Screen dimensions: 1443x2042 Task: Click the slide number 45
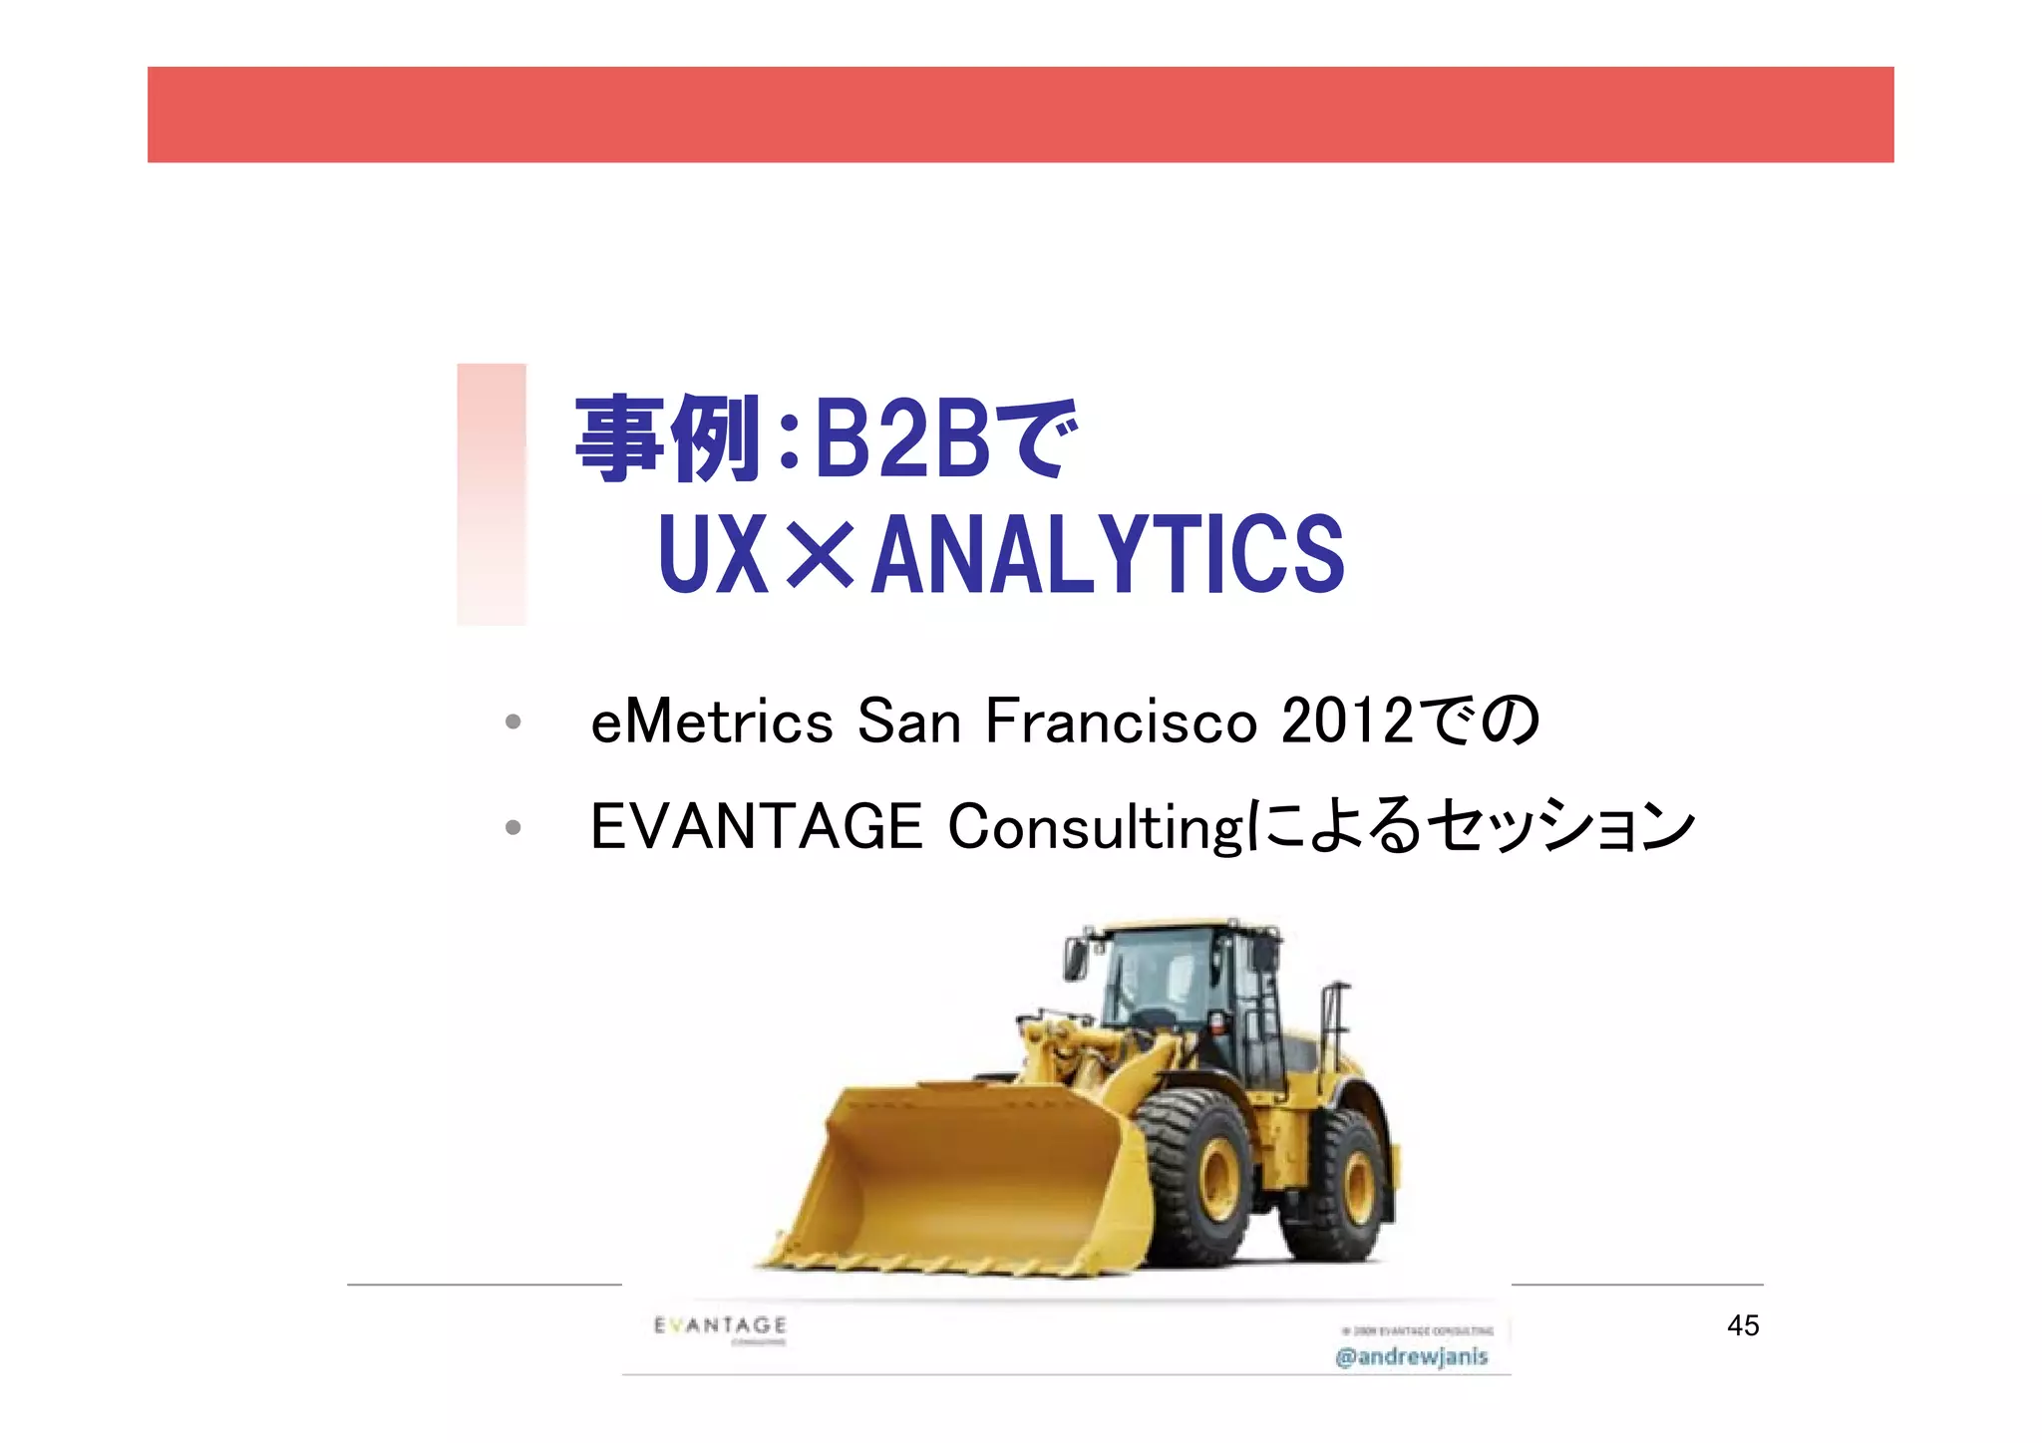click(x=1743, y=1325)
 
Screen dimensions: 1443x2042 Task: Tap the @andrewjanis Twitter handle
click(x=1411, y=1356)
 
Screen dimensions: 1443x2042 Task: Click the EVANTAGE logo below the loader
click(x=720, y=1325)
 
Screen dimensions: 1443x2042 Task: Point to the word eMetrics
click(x=711, y=721)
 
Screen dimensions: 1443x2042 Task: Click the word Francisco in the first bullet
click(x=1121, y=721)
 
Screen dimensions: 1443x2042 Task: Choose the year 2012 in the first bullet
click(x=1347, y=721)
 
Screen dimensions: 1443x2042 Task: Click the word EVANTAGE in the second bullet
click(x=757, y=827)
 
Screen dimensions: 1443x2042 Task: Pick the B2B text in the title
click(x=902, y=439)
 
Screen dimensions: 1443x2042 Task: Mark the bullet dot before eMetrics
click(x=512, y=722)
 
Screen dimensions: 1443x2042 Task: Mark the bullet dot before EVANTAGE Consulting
click(x=512, y=827)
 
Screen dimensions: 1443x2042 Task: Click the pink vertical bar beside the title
click(x=492, y=494)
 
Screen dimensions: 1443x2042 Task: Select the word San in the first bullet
click(x=908, y=721)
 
